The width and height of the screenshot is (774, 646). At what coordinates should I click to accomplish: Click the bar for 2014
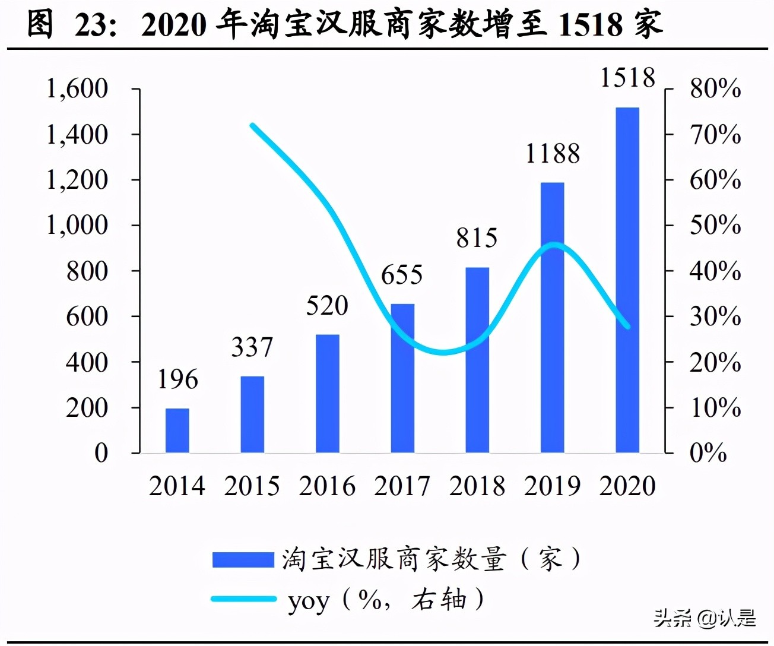pos(177,430)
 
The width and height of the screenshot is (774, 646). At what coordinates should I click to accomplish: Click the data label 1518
pos(627,78)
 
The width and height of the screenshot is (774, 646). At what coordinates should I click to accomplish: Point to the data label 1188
pos(553,154)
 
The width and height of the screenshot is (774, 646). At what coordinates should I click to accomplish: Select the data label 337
pos(252,347)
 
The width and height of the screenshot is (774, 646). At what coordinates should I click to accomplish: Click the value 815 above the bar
pos(477,238)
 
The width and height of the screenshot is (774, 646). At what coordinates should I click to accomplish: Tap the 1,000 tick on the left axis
pos(77,225)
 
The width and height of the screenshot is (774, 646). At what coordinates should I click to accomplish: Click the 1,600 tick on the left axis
pos(77,88)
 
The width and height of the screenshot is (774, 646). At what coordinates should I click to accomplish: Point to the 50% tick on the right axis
pos(715,225)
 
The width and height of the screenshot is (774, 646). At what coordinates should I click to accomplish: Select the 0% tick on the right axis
pos(708,453)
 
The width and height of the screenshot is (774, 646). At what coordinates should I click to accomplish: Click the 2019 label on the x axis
pos(553,486)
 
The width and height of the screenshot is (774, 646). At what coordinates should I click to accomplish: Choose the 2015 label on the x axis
pos(252,486)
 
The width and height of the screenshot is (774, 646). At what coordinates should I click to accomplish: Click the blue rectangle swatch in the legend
pos(243,559)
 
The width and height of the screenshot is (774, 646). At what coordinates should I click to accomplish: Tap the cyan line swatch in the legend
pos(243,599)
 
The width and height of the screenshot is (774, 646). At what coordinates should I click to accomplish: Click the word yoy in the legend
pos(308,601)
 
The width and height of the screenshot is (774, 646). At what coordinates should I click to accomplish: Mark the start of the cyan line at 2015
pos(252,125)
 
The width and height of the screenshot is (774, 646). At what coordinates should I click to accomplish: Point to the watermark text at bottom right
pos(705,618)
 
